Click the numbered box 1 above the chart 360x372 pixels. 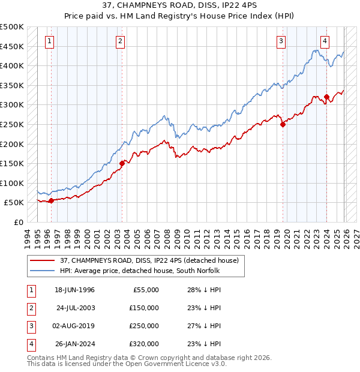pos(49,41)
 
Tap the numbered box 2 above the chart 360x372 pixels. pos(121,41)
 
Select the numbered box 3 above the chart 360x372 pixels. pos(281,41)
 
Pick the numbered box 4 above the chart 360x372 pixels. pos(325,41)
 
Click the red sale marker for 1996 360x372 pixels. pos(51,200)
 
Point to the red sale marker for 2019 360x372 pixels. pos(283,125)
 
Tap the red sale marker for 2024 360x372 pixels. pos(326,97)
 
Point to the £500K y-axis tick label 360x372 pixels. pos(12,27)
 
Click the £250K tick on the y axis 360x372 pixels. pos(12,124)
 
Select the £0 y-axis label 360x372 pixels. pos(18,222)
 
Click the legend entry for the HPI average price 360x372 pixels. pos(139,270)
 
